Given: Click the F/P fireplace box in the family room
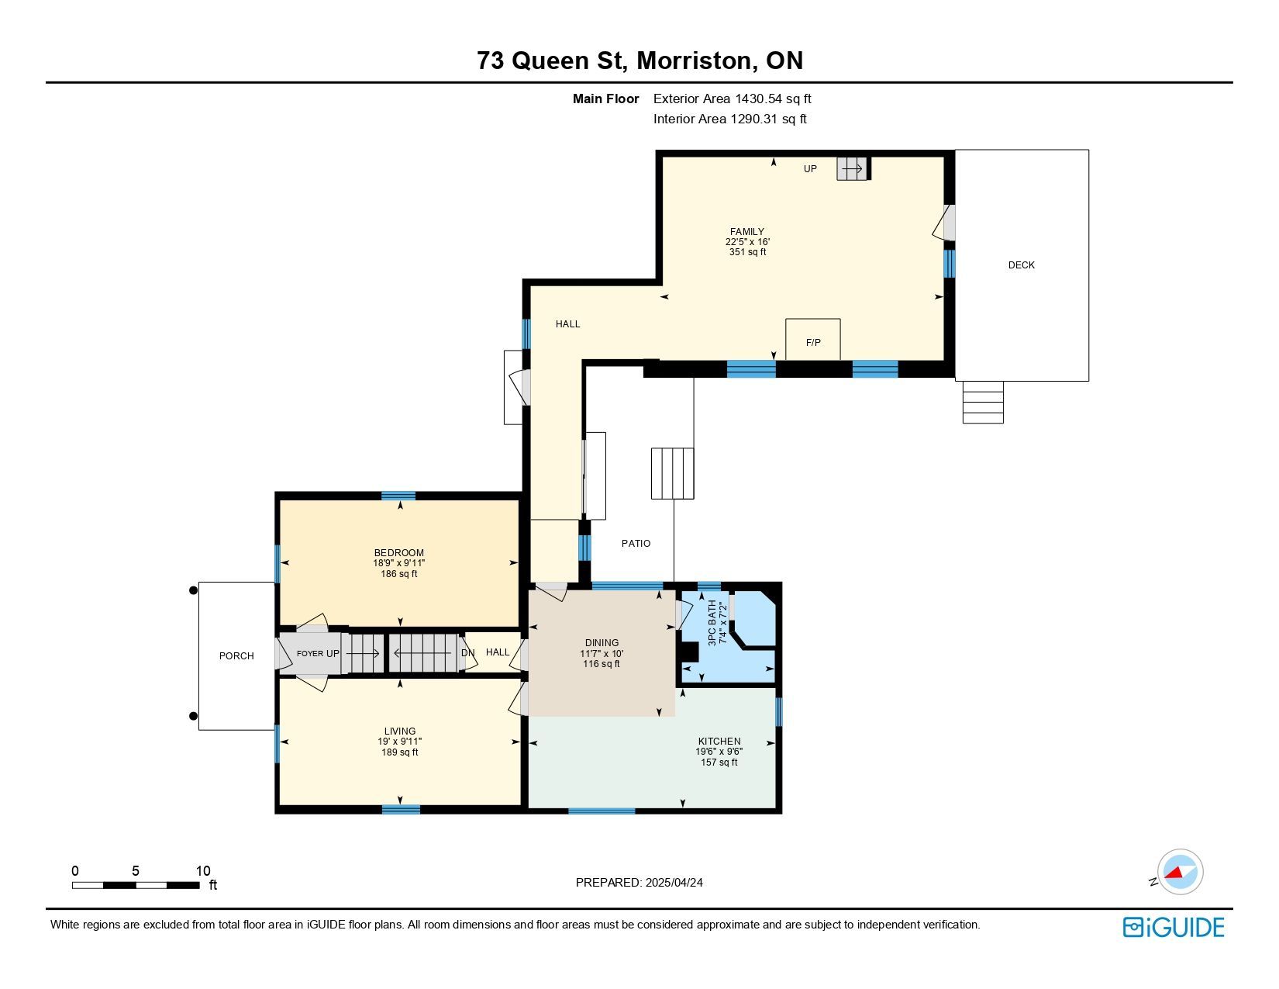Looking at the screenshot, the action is click(813, 339).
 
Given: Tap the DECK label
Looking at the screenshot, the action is click(1021, 265).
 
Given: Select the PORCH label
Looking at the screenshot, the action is click(236, 655).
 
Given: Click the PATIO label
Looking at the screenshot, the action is click(636, 543).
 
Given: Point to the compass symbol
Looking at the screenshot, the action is click(1180, 872).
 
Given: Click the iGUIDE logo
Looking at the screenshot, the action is click(1174, 927).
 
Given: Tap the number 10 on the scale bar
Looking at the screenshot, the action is click(203, 870).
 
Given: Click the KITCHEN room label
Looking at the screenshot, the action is click(719, 741).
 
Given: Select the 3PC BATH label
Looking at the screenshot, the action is click(712, 623).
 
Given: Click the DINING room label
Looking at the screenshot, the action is click(602, 642).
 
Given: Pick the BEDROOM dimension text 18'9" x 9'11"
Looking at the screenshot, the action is click(399, 563).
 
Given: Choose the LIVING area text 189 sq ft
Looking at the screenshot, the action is click(400, 752).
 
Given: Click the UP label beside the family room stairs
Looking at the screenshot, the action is click(811, 169).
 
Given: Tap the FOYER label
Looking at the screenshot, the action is click(309, 653).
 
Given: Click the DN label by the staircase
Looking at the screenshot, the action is click(468, 652).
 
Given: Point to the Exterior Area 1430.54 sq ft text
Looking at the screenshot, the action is click(733, 99).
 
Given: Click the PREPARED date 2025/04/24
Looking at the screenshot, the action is click(674, 883).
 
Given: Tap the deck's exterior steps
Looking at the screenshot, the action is click(983, 403).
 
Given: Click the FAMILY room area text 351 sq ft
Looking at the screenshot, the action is click(747, 252).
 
